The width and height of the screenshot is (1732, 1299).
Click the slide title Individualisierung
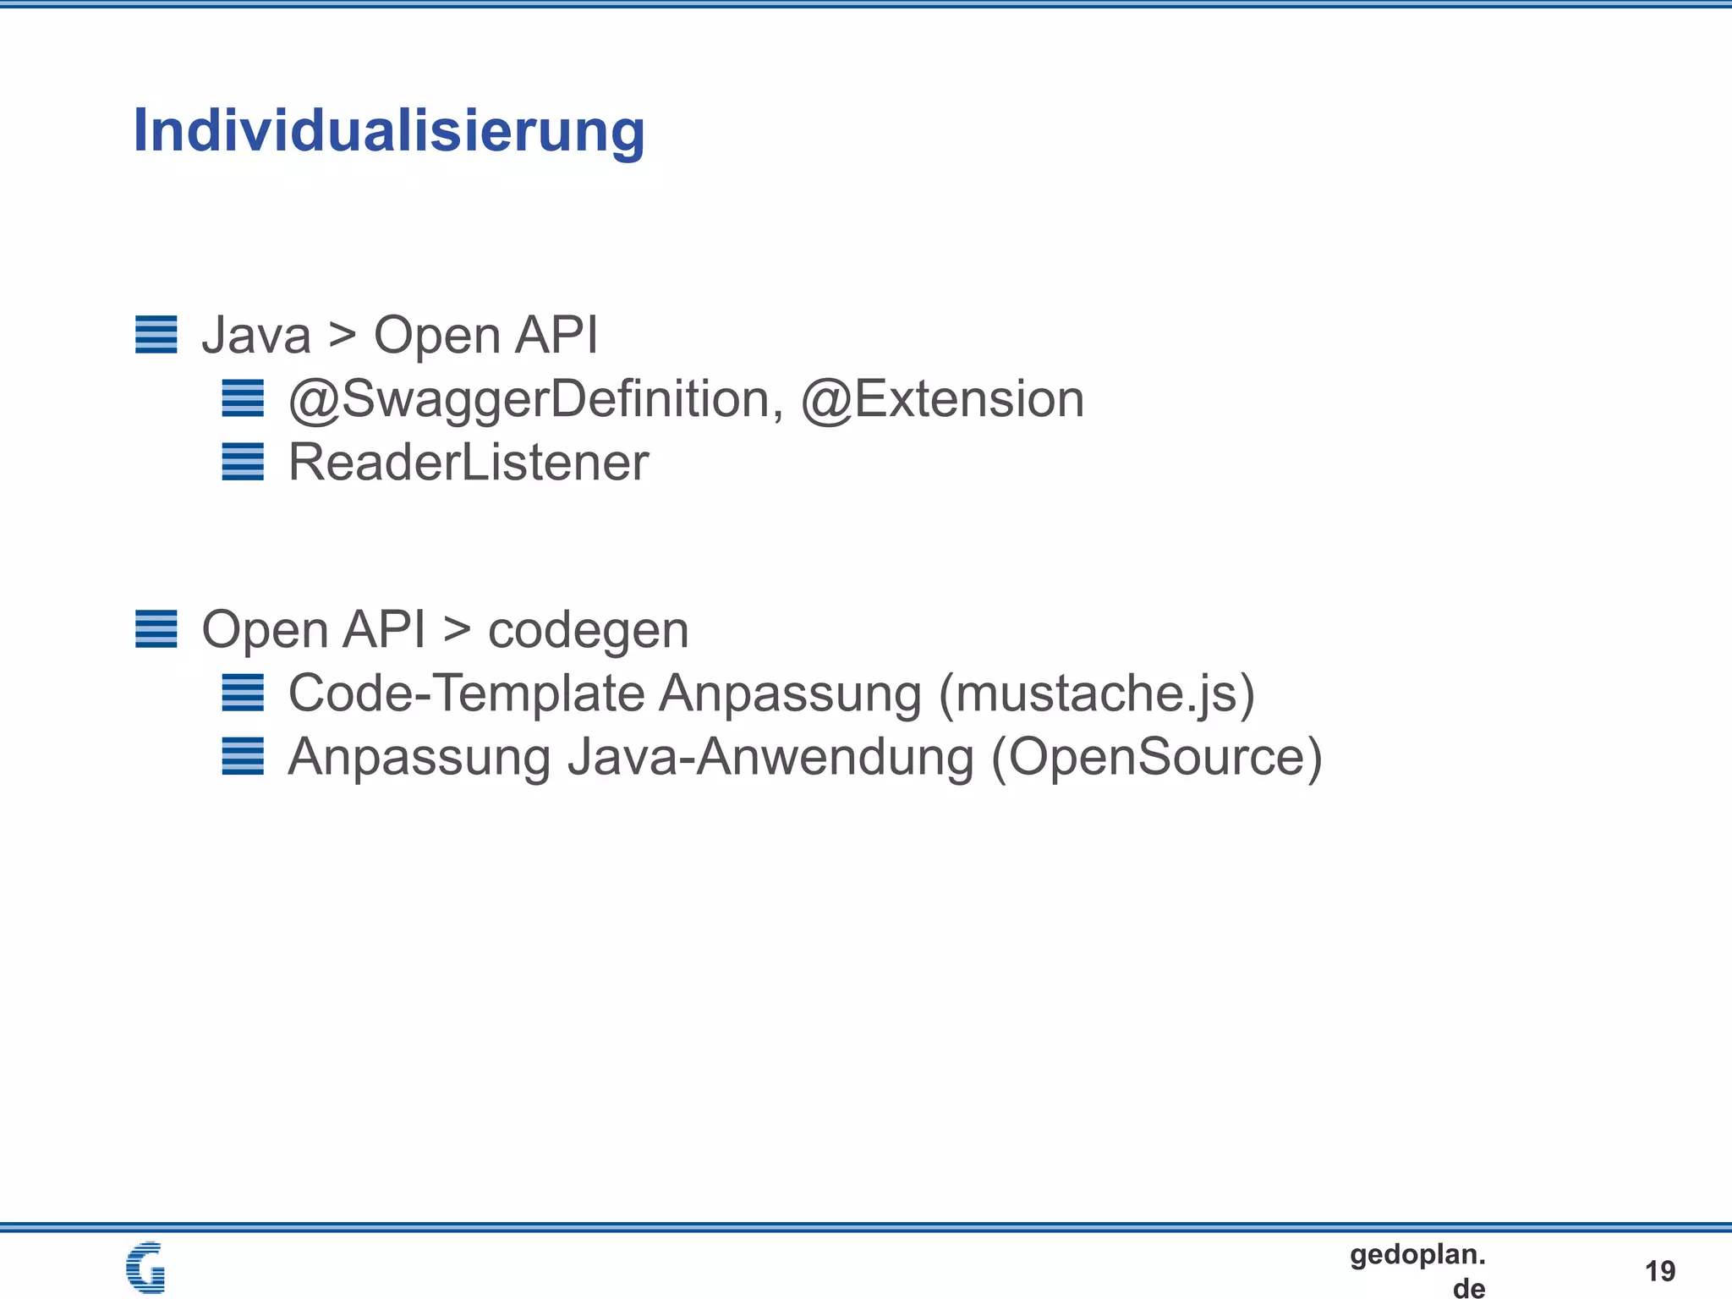pyautogui.click(x=389, y=131)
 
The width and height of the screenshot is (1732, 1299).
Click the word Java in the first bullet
pyautogui.click(x=256, y=335)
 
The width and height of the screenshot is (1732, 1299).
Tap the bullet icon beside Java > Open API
pyautogui.click(x=156, y=334)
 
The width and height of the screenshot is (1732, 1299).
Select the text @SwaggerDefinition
pyautogui.click(x=529, y=399)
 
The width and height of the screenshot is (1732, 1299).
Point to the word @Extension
pyautogui.click(x=942, y=399)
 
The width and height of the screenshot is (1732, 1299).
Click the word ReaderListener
pyautogui.click(x=469, y=463)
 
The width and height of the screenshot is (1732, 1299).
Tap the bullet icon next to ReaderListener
pyautogui.click(x=243, y=462)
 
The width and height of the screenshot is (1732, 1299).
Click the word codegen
pyautogui.click(x=589, y=630)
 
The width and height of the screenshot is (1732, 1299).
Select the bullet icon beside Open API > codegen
pyautogui.click(x=156, y=629)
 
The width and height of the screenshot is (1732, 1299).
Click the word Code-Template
pyautogui.click(x=467, y=693)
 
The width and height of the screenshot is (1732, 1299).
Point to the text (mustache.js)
pyautogui.click(x=1097, y=693)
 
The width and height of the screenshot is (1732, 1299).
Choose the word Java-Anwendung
pyautogui.click(x=770, y=757)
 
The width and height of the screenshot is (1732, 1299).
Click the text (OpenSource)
pyautogui.click(x=1157, y=757)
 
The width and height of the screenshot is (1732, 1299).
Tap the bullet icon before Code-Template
pyautogui.click(x=243, y=693)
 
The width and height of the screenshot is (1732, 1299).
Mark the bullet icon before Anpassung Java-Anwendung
pyautogui.click(x=243, y=756)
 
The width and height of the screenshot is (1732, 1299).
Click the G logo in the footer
pyautogui.click(x=145, y=1267)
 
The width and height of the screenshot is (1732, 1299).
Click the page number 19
pyautogui.click(x=1660, y=1270)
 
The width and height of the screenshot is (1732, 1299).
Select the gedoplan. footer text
pyautogui.click(x=1417, y=1254)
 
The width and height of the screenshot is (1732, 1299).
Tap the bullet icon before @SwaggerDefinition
pyautogui.click(x=243, y=398)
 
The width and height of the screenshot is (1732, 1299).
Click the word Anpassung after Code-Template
pyautogui.click(x=790, y=693)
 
